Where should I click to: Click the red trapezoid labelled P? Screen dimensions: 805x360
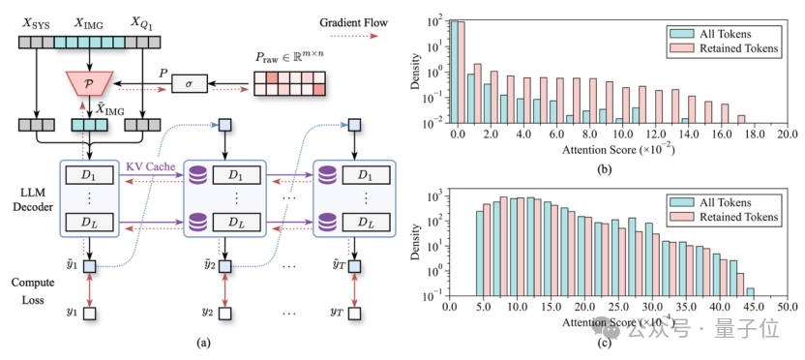(89, 82)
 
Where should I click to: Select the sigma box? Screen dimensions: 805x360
(190, 82)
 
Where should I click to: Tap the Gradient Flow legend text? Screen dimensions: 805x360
(354, 22)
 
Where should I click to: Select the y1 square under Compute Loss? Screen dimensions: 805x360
(90, 313)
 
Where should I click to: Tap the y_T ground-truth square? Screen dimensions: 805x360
(354, 313)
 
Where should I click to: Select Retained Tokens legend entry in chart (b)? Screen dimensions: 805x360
(724, 49)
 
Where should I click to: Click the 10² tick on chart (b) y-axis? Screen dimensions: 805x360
(434, 22)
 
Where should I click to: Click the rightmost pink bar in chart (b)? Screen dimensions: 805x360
(741, 119)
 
